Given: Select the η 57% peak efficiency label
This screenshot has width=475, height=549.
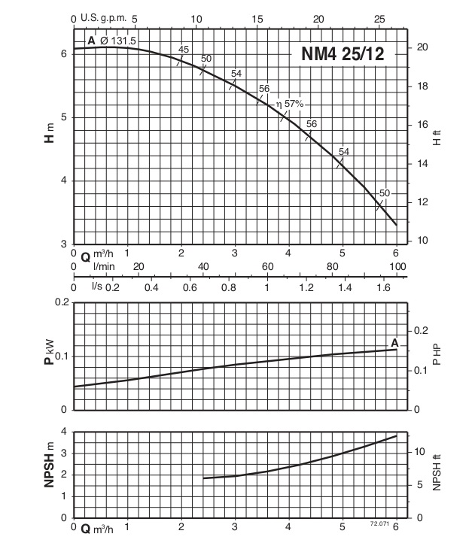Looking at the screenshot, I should point(290,104).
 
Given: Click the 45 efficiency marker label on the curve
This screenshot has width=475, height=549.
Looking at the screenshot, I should point(184,50).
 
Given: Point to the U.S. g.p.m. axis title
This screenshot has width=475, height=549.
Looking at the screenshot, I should point(105,18).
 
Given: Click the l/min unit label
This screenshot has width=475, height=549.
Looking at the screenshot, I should point(104,266).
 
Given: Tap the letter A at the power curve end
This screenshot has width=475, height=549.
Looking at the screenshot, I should point(394,342).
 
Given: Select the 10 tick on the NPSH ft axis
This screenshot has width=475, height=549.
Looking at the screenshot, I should point(422,452).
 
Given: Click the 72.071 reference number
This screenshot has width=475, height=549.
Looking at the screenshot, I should point(379,523).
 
